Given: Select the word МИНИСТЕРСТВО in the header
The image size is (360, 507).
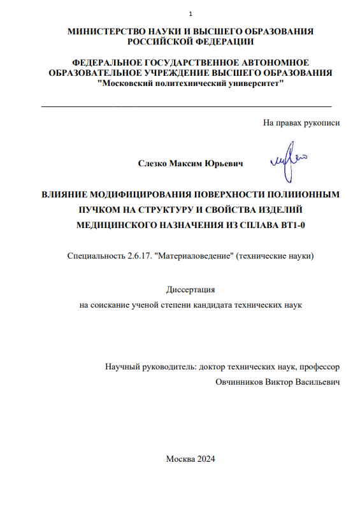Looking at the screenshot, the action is pos(101,32).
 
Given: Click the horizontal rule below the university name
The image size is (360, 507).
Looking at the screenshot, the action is pos(186,104).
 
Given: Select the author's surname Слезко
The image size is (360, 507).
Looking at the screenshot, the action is pos(153,164).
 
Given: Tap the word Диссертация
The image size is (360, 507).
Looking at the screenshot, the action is pos(191,290).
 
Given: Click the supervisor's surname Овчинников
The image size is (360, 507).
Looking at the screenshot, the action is pos(241,382).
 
